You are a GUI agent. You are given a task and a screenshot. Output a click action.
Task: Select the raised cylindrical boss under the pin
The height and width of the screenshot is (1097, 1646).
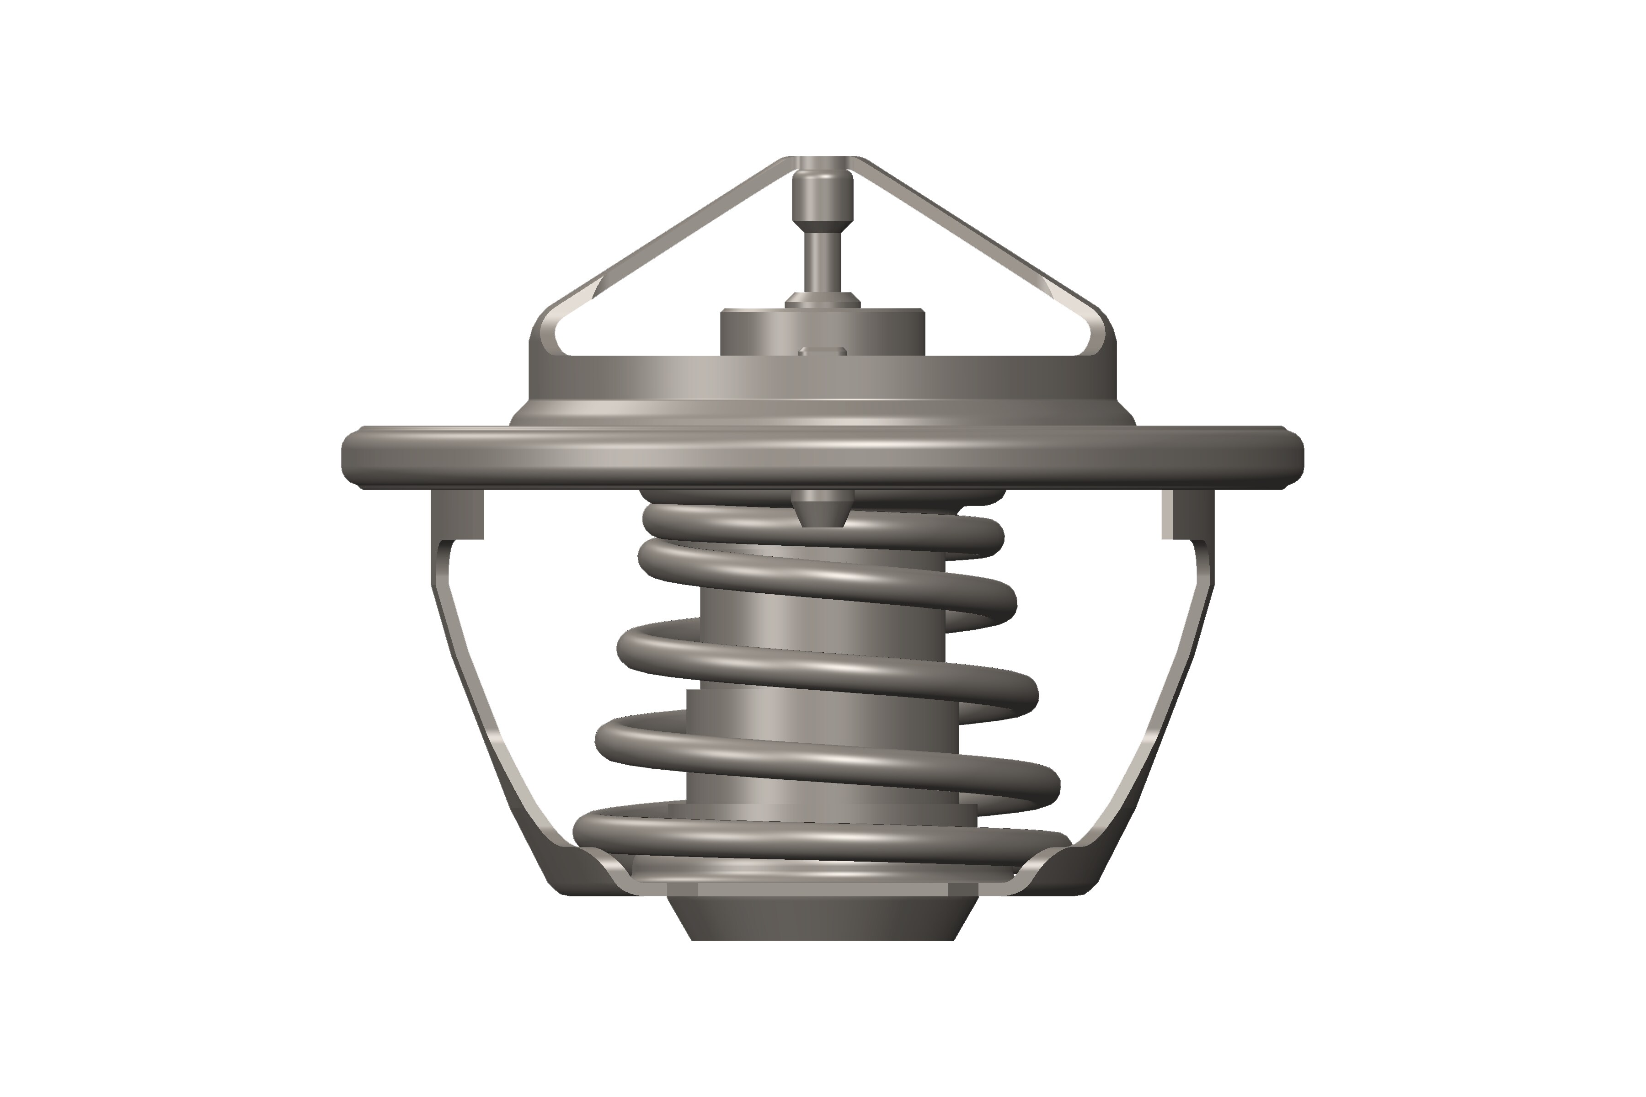770,332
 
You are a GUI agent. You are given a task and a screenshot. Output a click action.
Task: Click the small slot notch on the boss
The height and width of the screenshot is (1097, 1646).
823,351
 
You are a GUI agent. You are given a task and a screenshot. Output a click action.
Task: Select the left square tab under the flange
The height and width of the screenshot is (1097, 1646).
456,514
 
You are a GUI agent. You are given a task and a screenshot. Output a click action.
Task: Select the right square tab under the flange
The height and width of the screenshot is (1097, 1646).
1187,514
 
